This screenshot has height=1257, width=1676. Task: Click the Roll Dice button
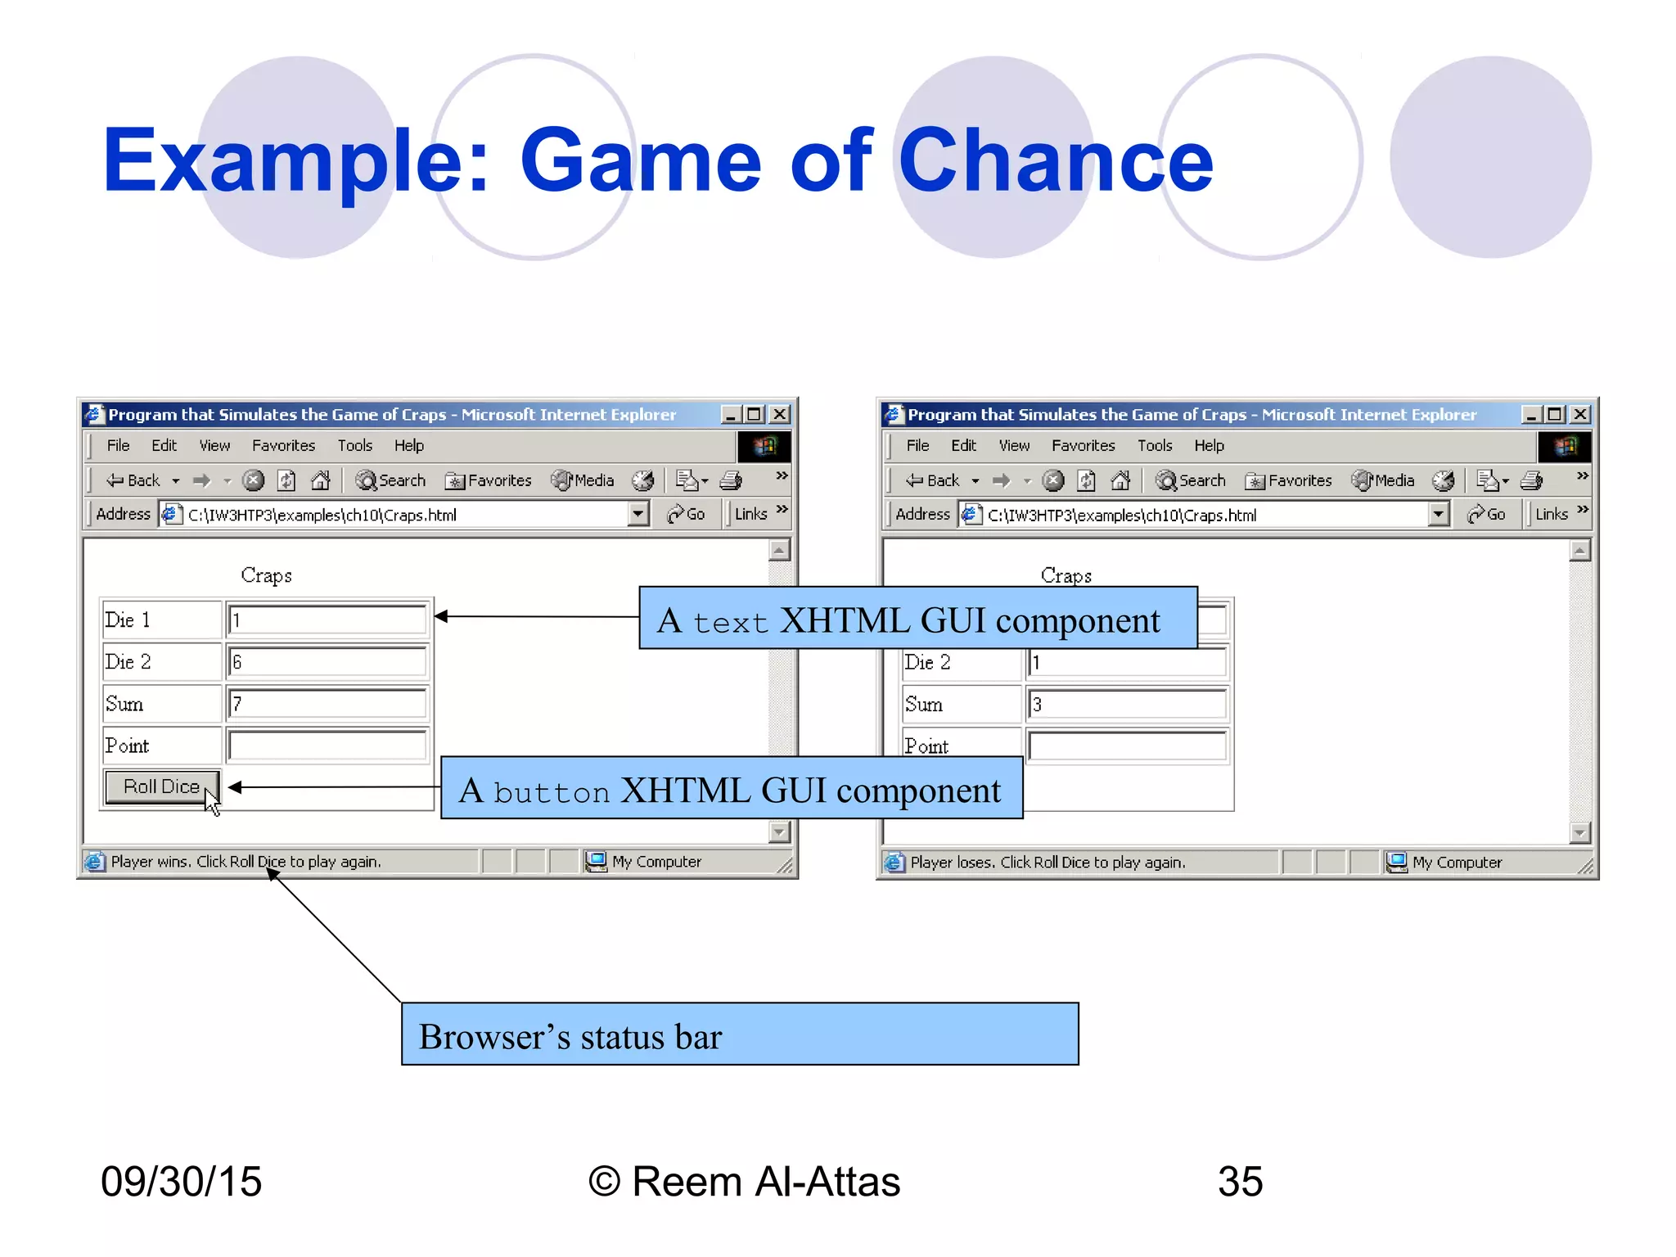(x=162, y=787)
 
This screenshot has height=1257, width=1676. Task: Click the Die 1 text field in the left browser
(x=327, y=620)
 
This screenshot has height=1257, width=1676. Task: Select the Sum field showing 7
(x=327, y=704)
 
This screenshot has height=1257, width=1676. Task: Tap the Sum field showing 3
(x=1127, y=705)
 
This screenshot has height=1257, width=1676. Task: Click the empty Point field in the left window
(x=327, y=746)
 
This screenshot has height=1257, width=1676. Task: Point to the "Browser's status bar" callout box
(x=740, y=1034)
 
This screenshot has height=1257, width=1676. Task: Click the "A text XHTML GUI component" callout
(x=917, y=619)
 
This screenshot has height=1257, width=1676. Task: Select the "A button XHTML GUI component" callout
(x=732, y=788)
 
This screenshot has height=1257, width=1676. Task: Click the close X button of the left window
(x=780, y=415)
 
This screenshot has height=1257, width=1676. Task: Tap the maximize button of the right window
(x=1555, y=415)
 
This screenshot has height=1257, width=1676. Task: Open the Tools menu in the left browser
(x=355, y=446)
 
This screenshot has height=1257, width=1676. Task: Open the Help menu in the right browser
(x=1209, y=446)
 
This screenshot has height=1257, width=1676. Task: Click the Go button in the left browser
(x=687, y=515)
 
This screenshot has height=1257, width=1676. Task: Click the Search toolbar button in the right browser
(x=1192, y=481)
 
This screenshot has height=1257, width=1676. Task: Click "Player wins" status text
(x=246, y=862)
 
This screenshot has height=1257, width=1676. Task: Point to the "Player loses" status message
(x=1047, y=863)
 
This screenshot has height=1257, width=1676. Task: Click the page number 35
(x=1240, y=1182)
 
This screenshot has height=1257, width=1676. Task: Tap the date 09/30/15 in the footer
(x=181, y=1182)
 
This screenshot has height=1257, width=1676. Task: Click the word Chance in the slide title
(x=1055, y=161)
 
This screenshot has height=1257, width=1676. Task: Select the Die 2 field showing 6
(x=327, y=662)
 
